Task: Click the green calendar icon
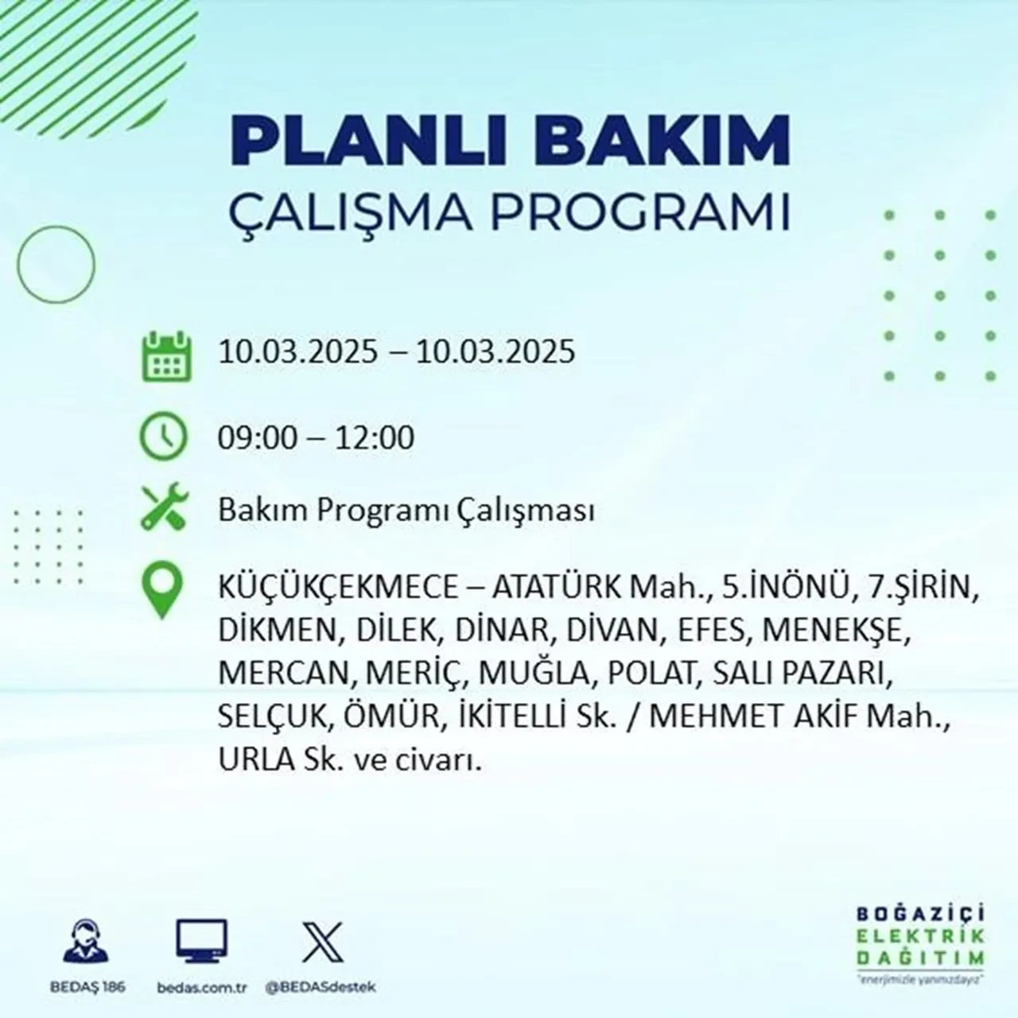[166, 356]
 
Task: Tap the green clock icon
[163, 437]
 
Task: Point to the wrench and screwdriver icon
[164, 507]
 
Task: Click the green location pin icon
[161, 591]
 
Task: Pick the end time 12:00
[375, 438]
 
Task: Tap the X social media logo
[323, 942]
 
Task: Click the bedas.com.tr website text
[202, 987]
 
